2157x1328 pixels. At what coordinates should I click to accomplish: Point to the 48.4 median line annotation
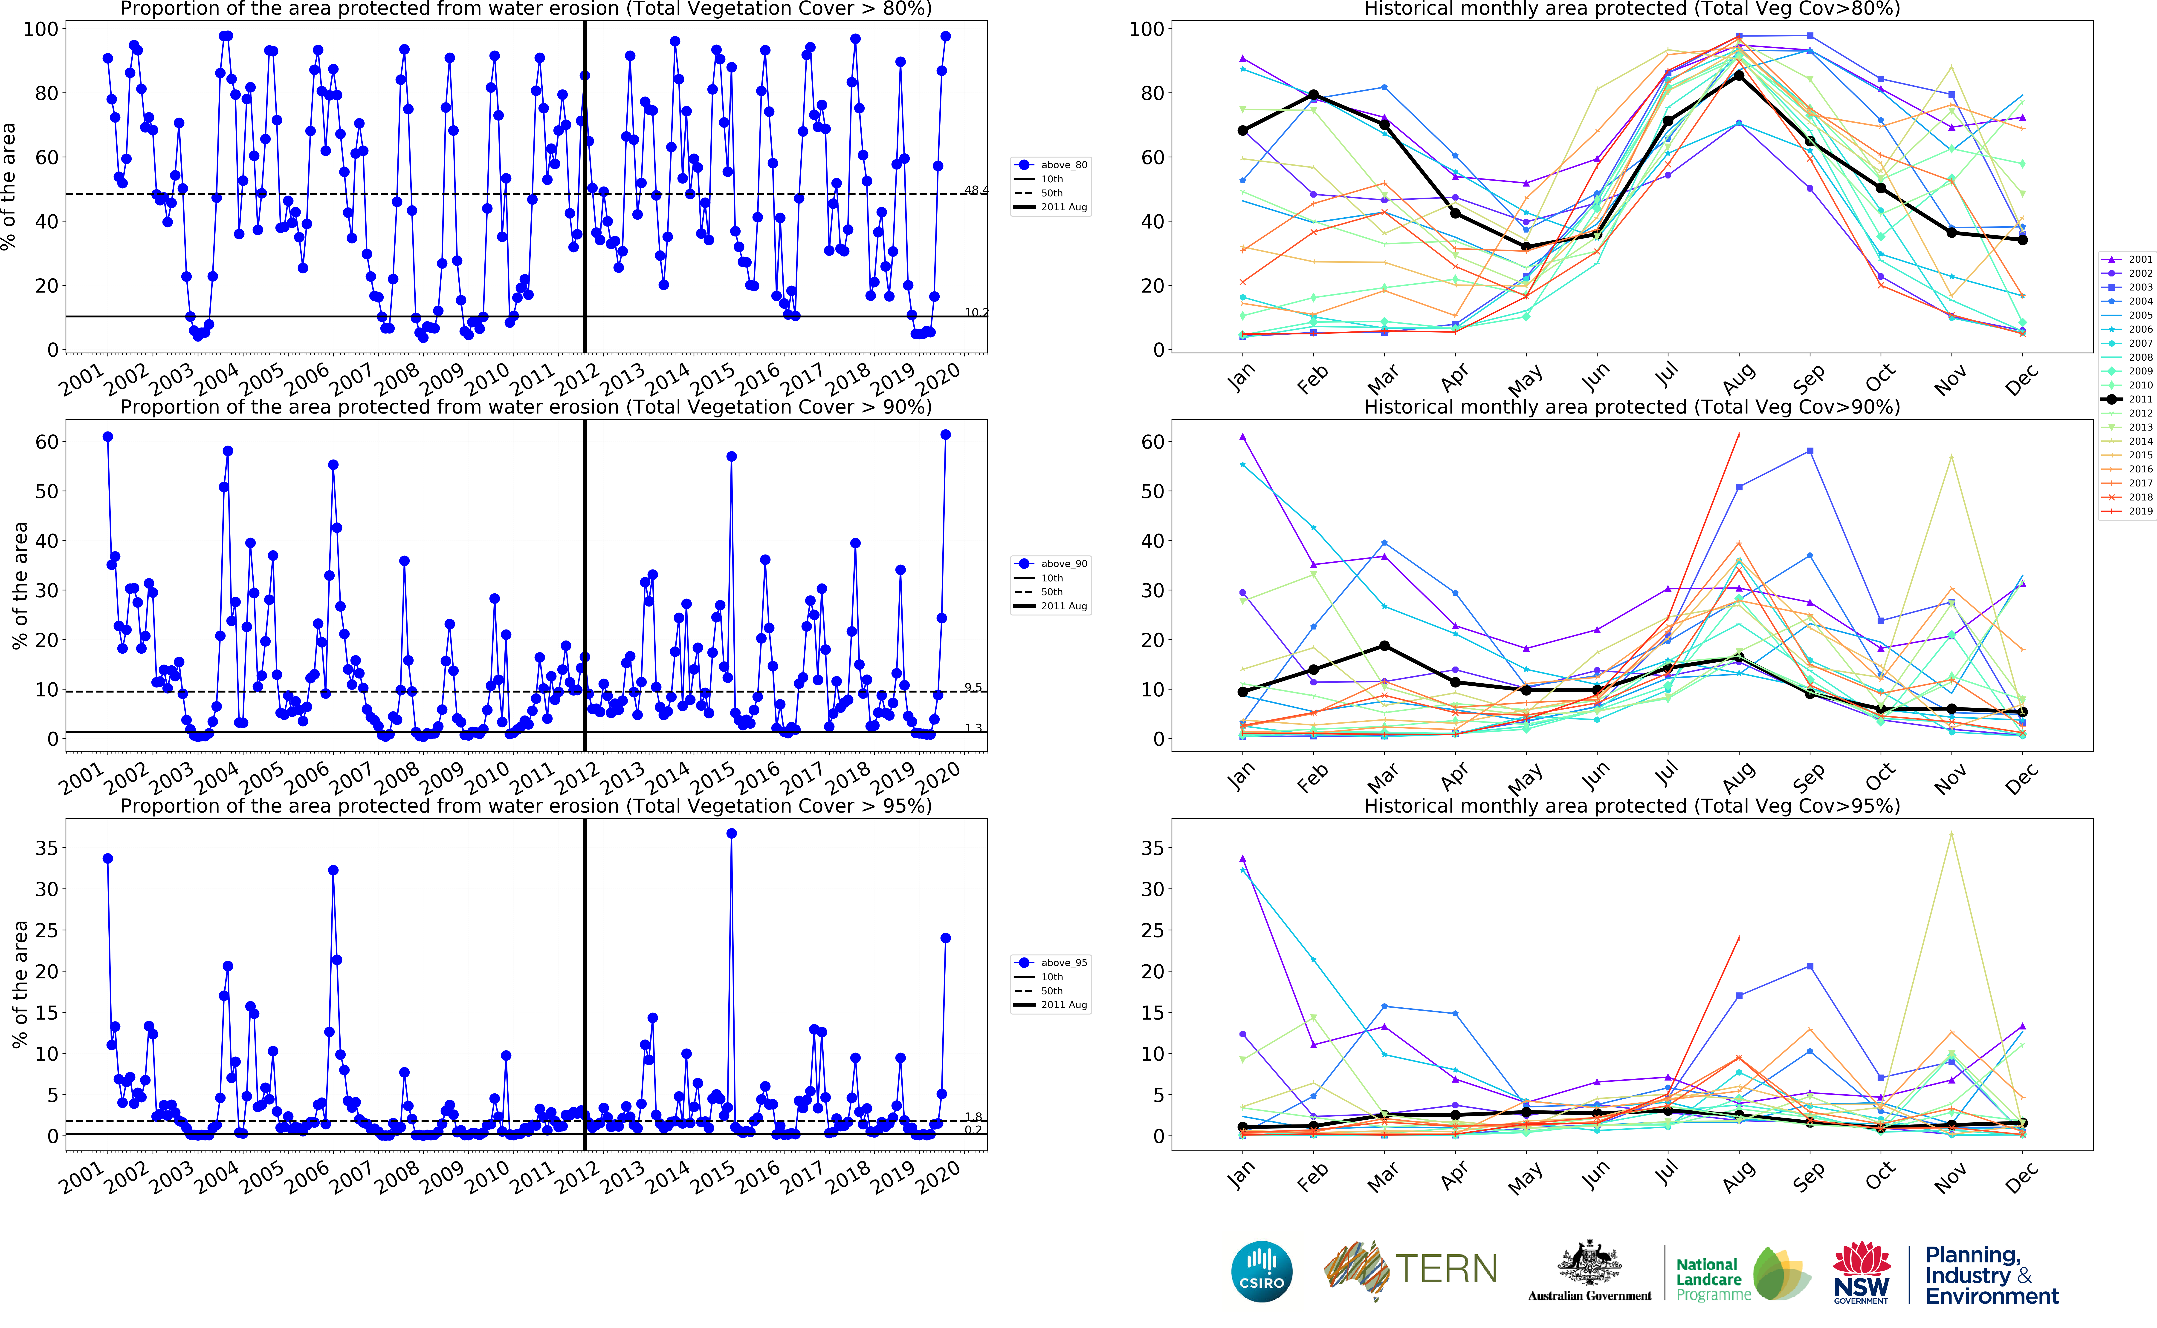tap(975, 190)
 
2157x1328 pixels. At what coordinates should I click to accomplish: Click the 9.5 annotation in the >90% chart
tap(973, 688)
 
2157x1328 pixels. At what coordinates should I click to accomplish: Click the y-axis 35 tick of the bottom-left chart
tap(46, 848)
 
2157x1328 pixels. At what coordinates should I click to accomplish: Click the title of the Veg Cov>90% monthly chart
tap(1632, 407)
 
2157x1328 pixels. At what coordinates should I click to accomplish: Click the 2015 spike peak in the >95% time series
tap(731, 834)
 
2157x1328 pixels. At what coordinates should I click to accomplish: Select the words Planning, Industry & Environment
tap(1991, 1275)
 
